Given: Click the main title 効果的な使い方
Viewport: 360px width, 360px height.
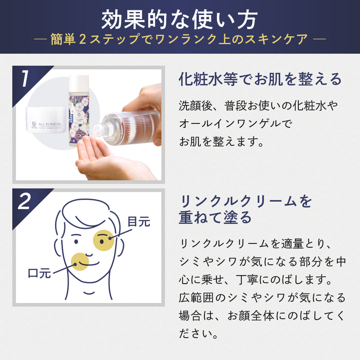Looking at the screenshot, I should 179,19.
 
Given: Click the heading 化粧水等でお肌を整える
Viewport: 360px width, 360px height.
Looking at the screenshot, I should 260,79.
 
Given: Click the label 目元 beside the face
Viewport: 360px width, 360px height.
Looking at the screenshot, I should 138,221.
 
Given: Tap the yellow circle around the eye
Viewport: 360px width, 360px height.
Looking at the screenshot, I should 104,240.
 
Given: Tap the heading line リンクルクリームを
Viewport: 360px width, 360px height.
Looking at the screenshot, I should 245,201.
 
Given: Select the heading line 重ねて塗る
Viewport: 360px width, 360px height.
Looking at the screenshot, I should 215,218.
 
